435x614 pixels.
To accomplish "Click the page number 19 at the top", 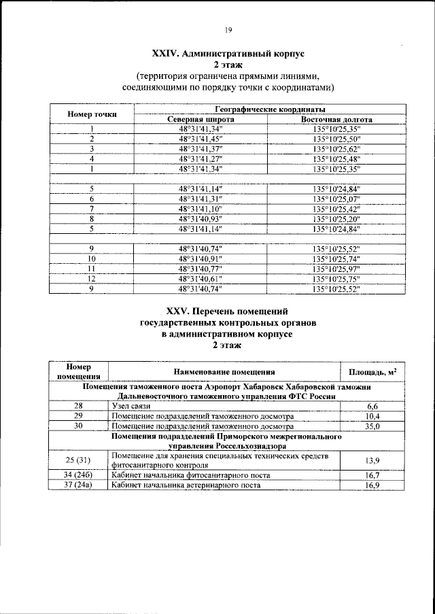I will click(228, 29).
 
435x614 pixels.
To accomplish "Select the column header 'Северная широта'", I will click(201, 119).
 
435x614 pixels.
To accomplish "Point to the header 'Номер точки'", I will click(91, 114).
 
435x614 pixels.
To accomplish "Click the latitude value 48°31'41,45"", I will click(201, 139).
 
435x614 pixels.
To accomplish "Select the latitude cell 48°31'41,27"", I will click(201, 158).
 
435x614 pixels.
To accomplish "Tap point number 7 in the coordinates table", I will click(91, 208).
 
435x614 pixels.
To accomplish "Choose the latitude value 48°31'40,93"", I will click(201, 218).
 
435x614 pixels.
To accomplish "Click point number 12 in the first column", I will click(91, 279).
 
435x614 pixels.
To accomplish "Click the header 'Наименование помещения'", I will click(224, 372).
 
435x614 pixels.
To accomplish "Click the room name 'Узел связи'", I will click(131, 406).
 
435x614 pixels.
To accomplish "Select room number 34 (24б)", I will click(78, 474).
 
